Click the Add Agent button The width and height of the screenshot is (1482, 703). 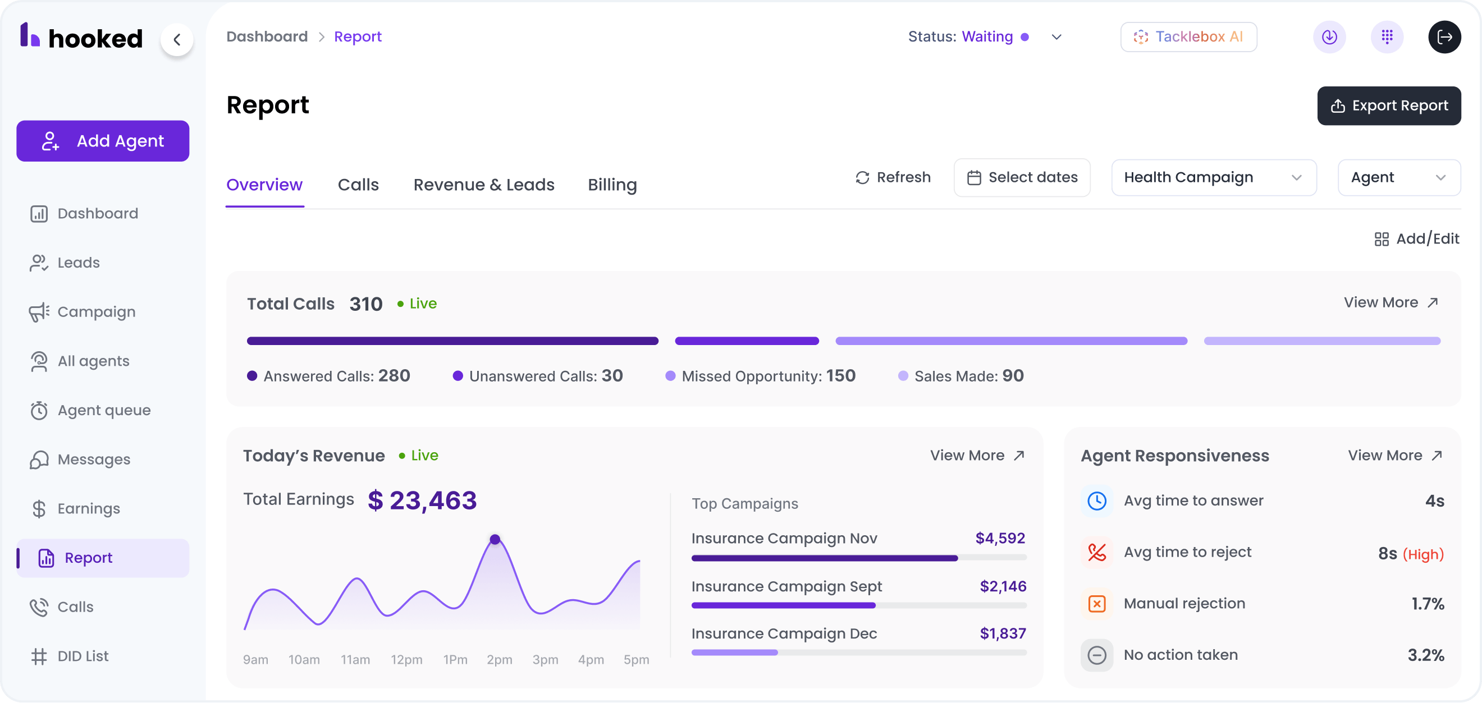tap(102, 141)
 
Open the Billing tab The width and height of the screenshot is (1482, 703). tap(612, 185)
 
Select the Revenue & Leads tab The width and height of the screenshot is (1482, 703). tap(484, 185)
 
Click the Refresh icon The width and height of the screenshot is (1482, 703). tap(862, 178)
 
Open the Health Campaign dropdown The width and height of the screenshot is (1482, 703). tap(1213, 178)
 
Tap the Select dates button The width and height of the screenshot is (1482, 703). tap(1022, 178)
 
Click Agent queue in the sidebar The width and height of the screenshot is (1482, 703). tap(103, 411)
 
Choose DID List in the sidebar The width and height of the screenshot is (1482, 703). tap(83, 656)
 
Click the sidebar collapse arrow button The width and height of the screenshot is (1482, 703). tap(177, 39)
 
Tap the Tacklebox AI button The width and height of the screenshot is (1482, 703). tap(1188, 37)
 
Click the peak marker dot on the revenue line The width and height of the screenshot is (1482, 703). tap(495, 539)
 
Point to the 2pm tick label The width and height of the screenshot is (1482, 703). tap(500, 659)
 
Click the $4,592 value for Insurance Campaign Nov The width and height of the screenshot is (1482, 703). tap(1000, 538)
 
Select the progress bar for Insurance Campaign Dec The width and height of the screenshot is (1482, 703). tap(858, 653)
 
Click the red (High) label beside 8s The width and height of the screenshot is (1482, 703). tap(1422, 554)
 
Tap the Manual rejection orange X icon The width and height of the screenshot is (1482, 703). tap(1096, 604)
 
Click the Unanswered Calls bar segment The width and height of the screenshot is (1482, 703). tap(746, 341)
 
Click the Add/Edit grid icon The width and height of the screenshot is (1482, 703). tap(1381, 238)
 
